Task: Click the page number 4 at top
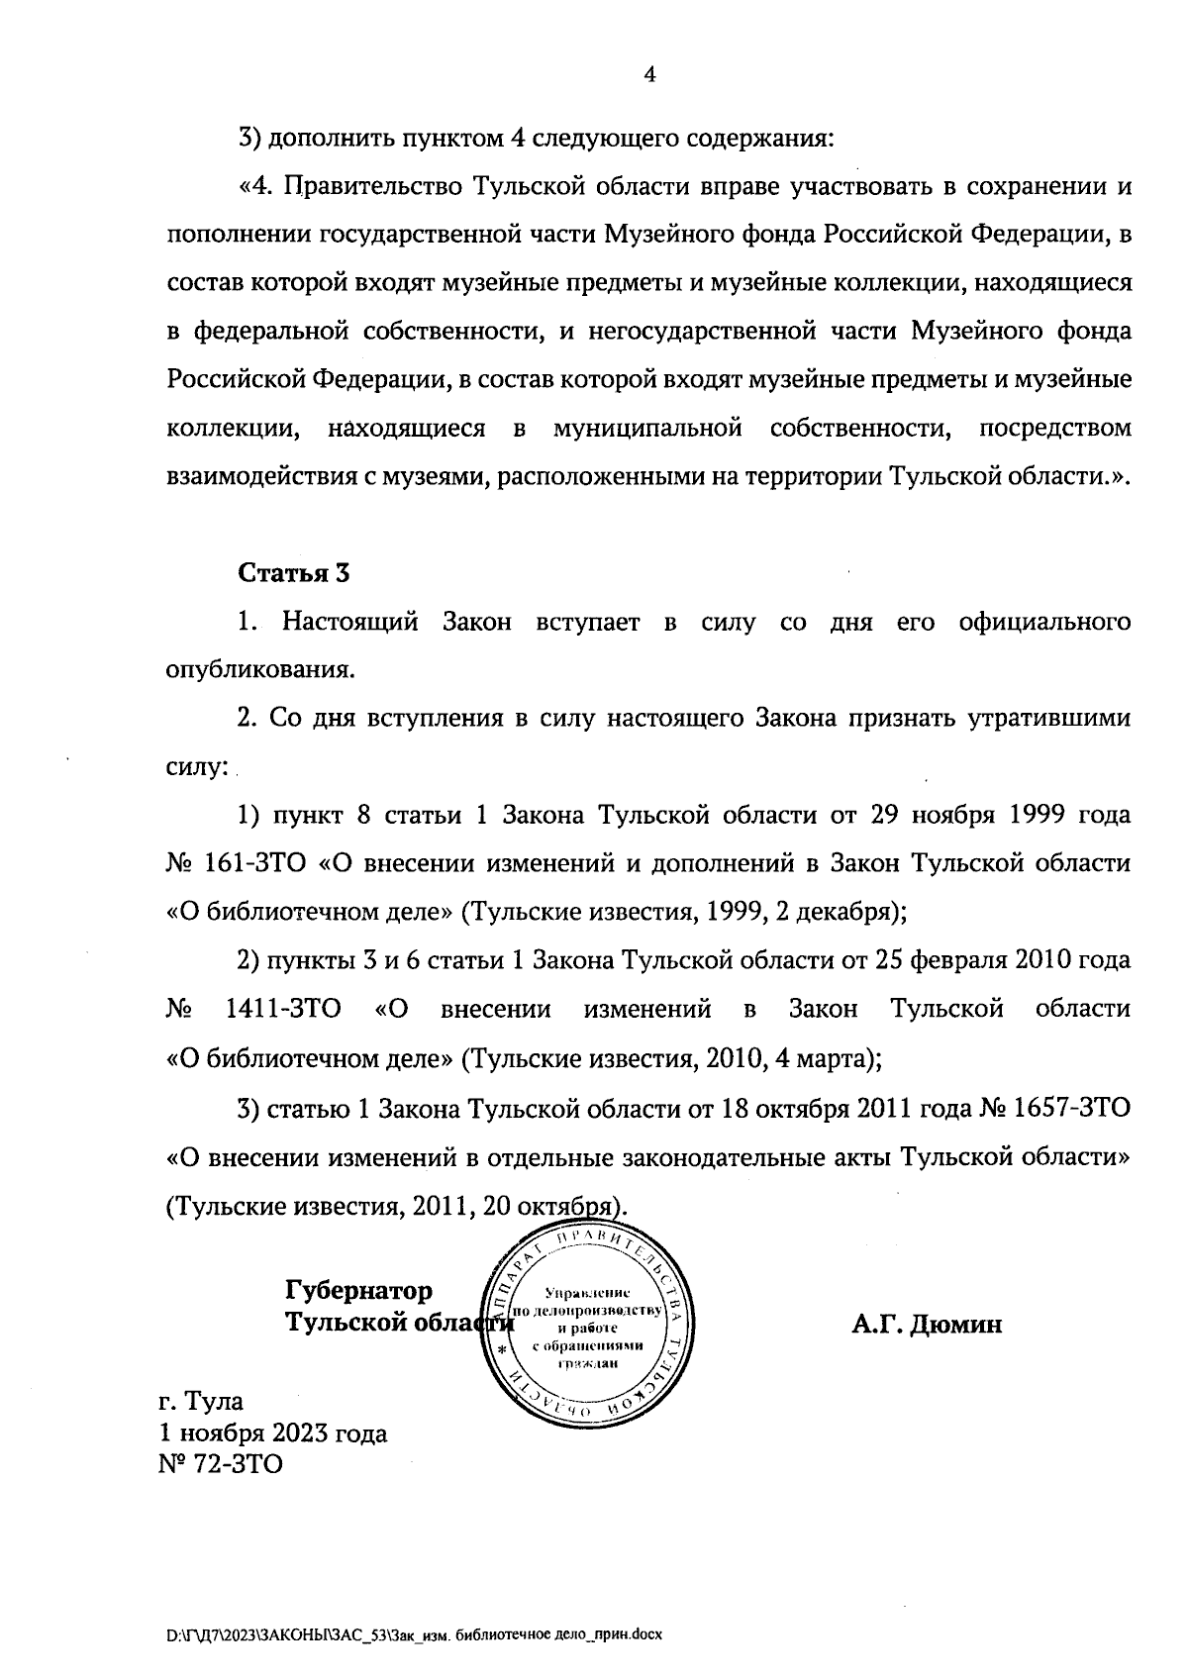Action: click(x=649, y=75)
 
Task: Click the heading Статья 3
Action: click(x=294, y=573)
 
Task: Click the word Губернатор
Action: click(x=358, y=1291)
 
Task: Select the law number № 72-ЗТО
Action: click(x=220, y=1464)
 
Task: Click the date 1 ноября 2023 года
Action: click(x=272, y=1433)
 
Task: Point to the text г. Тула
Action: click(x=201, y=1401)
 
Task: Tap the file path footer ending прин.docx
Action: click(x=414, y=1634)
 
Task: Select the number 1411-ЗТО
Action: click(x=283, y=1010)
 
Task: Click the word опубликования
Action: click(x=258, y=670)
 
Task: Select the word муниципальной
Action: click(x=647, y=429)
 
